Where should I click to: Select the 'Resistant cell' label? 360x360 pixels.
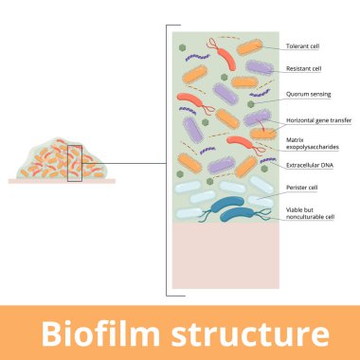click(304, 69)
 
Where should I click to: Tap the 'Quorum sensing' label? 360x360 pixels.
click(307, 95)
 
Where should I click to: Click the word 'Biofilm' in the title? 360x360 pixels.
click(99, 333)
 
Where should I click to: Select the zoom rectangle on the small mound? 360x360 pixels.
click(75, 159)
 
